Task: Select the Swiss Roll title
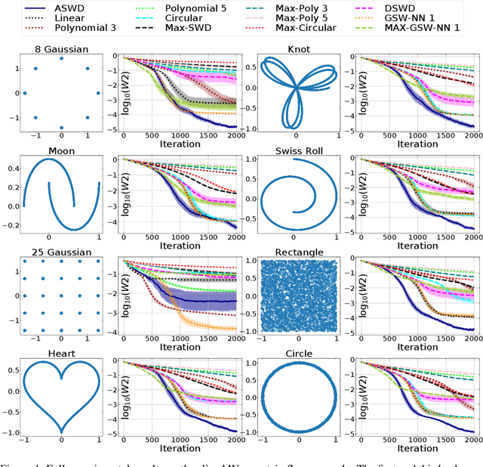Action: tap(299, 150)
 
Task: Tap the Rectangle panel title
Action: tap(299, 252)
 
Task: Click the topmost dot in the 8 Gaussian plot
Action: tap(62, 59)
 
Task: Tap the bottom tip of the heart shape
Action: tap(62, 431)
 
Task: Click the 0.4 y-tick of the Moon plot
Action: tap(14, 169)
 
